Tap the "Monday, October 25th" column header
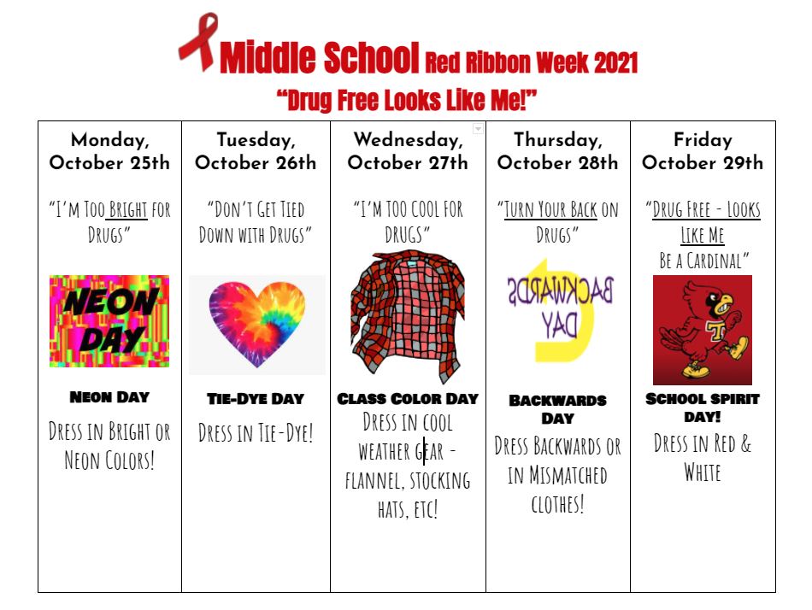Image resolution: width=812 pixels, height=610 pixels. click(x=109, y=151)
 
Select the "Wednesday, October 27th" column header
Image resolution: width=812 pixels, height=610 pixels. click(x=408, y=151)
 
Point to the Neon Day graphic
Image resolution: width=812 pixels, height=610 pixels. click(x=109, y=321)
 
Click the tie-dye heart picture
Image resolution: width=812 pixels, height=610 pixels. click(x=257, y=324)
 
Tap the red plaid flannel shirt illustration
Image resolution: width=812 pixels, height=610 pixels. click(x=408, y=317)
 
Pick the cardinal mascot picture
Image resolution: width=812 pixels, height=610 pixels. click(x=703, y=330)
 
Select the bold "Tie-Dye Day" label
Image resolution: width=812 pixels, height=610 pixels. click(x=256, y=399)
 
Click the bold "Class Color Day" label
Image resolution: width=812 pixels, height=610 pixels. click(x=408, y=399)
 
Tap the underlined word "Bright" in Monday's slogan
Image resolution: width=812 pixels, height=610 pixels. click(x=128, y=209)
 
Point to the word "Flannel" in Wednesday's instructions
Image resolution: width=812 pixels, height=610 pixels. click(x=373, y=481)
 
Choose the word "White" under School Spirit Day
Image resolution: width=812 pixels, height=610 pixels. click(x=703, y=472)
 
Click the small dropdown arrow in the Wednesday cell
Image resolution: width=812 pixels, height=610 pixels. click(x=478, y=128)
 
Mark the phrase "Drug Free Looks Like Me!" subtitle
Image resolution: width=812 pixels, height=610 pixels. click(x=407, y=100)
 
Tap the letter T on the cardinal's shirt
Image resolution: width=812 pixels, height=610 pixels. click(x=716, y=330)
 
